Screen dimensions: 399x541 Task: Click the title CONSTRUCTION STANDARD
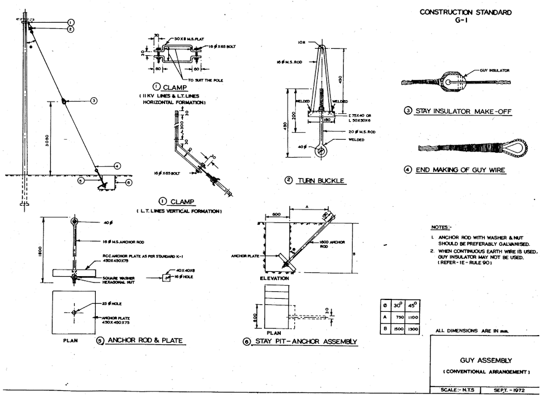point(465,12)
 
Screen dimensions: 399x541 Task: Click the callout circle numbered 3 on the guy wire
point(94,101)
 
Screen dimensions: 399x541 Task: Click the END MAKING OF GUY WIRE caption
point(460,170)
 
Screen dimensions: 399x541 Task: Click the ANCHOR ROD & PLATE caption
point(145,341)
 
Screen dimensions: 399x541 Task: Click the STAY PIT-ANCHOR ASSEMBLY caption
point(305,341)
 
